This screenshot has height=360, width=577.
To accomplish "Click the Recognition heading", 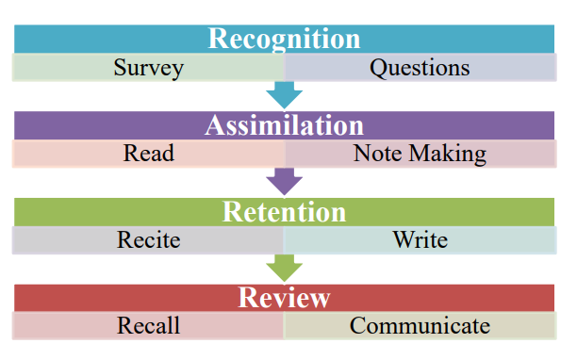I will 284,39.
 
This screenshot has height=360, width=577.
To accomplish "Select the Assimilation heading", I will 284,125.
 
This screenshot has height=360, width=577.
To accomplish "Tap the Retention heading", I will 284,211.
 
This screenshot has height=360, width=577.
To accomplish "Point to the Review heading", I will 284,298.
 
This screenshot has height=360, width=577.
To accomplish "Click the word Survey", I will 148,68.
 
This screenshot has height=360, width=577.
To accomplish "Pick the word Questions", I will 419,68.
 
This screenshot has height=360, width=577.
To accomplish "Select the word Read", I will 148,154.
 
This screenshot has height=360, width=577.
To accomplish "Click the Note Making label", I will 420,154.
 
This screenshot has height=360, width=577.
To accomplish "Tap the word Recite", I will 148,239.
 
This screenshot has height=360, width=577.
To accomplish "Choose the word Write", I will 420,239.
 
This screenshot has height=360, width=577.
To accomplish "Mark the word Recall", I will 148,326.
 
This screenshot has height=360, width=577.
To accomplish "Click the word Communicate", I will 420,326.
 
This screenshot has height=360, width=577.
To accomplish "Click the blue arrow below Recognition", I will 284,94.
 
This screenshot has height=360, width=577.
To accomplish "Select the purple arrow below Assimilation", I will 284,181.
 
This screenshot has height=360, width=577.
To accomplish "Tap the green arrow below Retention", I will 284,267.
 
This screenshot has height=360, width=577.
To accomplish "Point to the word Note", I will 375,154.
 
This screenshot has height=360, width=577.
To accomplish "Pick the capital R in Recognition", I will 217,40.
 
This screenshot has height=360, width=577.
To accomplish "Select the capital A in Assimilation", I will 214,125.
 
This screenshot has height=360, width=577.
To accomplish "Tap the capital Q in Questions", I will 377,68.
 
